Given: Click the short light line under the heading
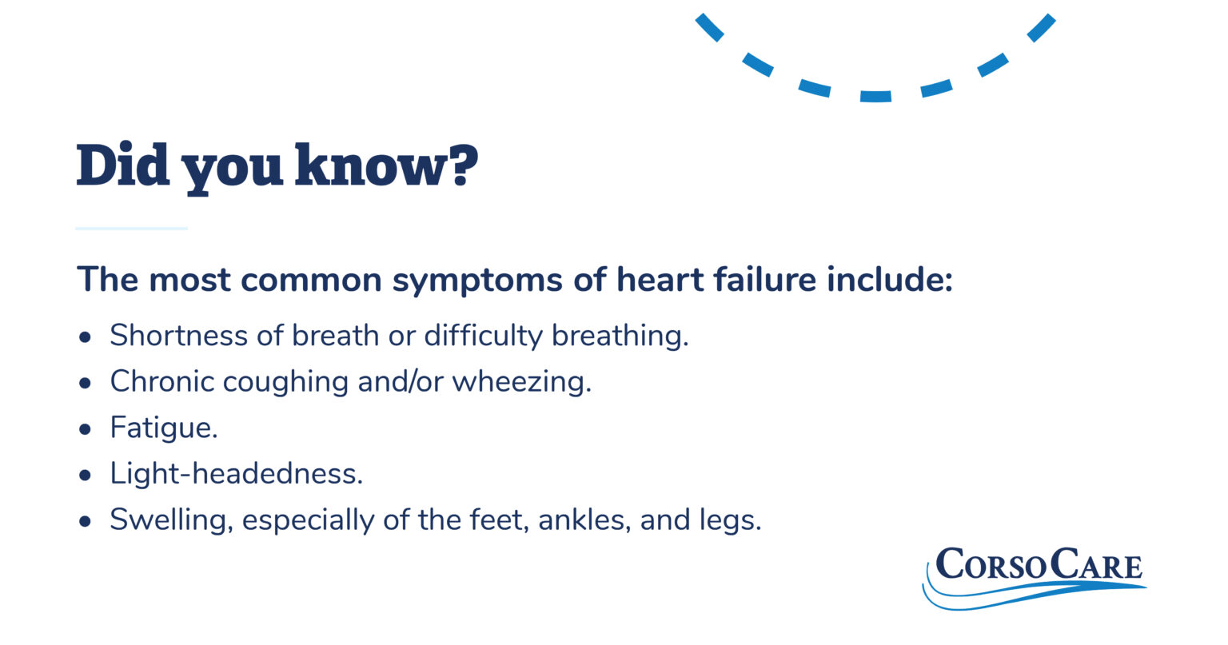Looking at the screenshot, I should point(131,229).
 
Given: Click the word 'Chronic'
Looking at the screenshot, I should point(162,382).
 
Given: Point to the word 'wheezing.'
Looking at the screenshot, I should point(521,382).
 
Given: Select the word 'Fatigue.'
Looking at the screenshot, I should point(164,428).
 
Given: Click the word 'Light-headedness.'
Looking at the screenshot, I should point(237,474).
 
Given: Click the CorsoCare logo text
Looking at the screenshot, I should point(1039,564).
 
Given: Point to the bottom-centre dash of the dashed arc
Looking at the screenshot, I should point(875,97).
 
